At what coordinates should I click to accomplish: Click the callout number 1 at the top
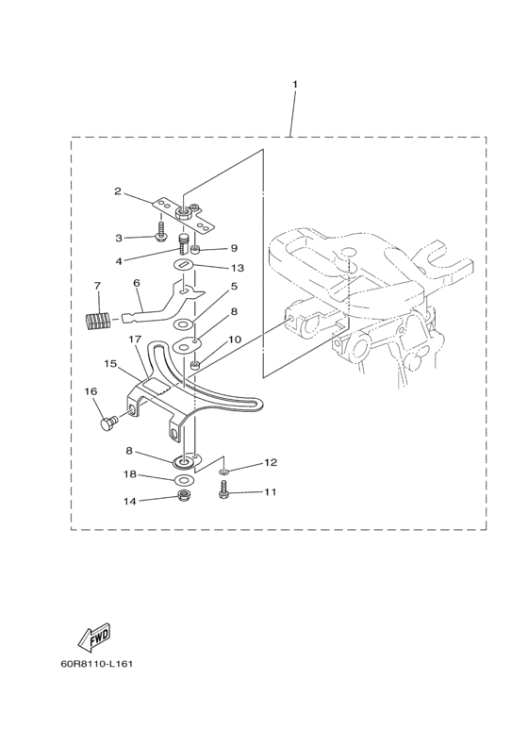[295, 84]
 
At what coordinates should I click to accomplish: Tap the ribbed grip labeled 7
[97, 320]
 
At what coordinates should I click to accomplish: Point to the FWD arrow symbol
[95, 638]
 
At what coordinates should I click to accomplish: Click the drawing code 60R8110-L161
[97, 663]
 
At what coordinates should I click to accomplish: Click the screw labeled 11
[223, 489]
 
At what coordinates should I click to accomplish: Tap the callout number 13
[237, 268]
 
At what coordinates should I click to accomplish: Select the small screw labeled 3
[161, 231]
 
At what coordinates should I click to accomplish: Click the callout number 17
[134, 340]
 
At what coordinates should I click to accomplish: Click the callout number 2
[118, 191]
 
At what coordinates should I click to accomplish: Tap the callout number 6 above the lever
[136, 283]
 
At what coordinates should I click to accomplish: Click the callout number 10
[235, 340]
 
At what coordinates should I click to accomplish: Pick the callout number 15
[110, 363]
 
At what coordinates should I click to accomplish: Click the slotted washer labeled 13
[183, 266]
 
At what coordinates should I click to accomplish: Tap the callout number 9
[234, 248]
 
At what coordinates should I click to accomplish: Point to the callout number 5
[234, 286]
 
